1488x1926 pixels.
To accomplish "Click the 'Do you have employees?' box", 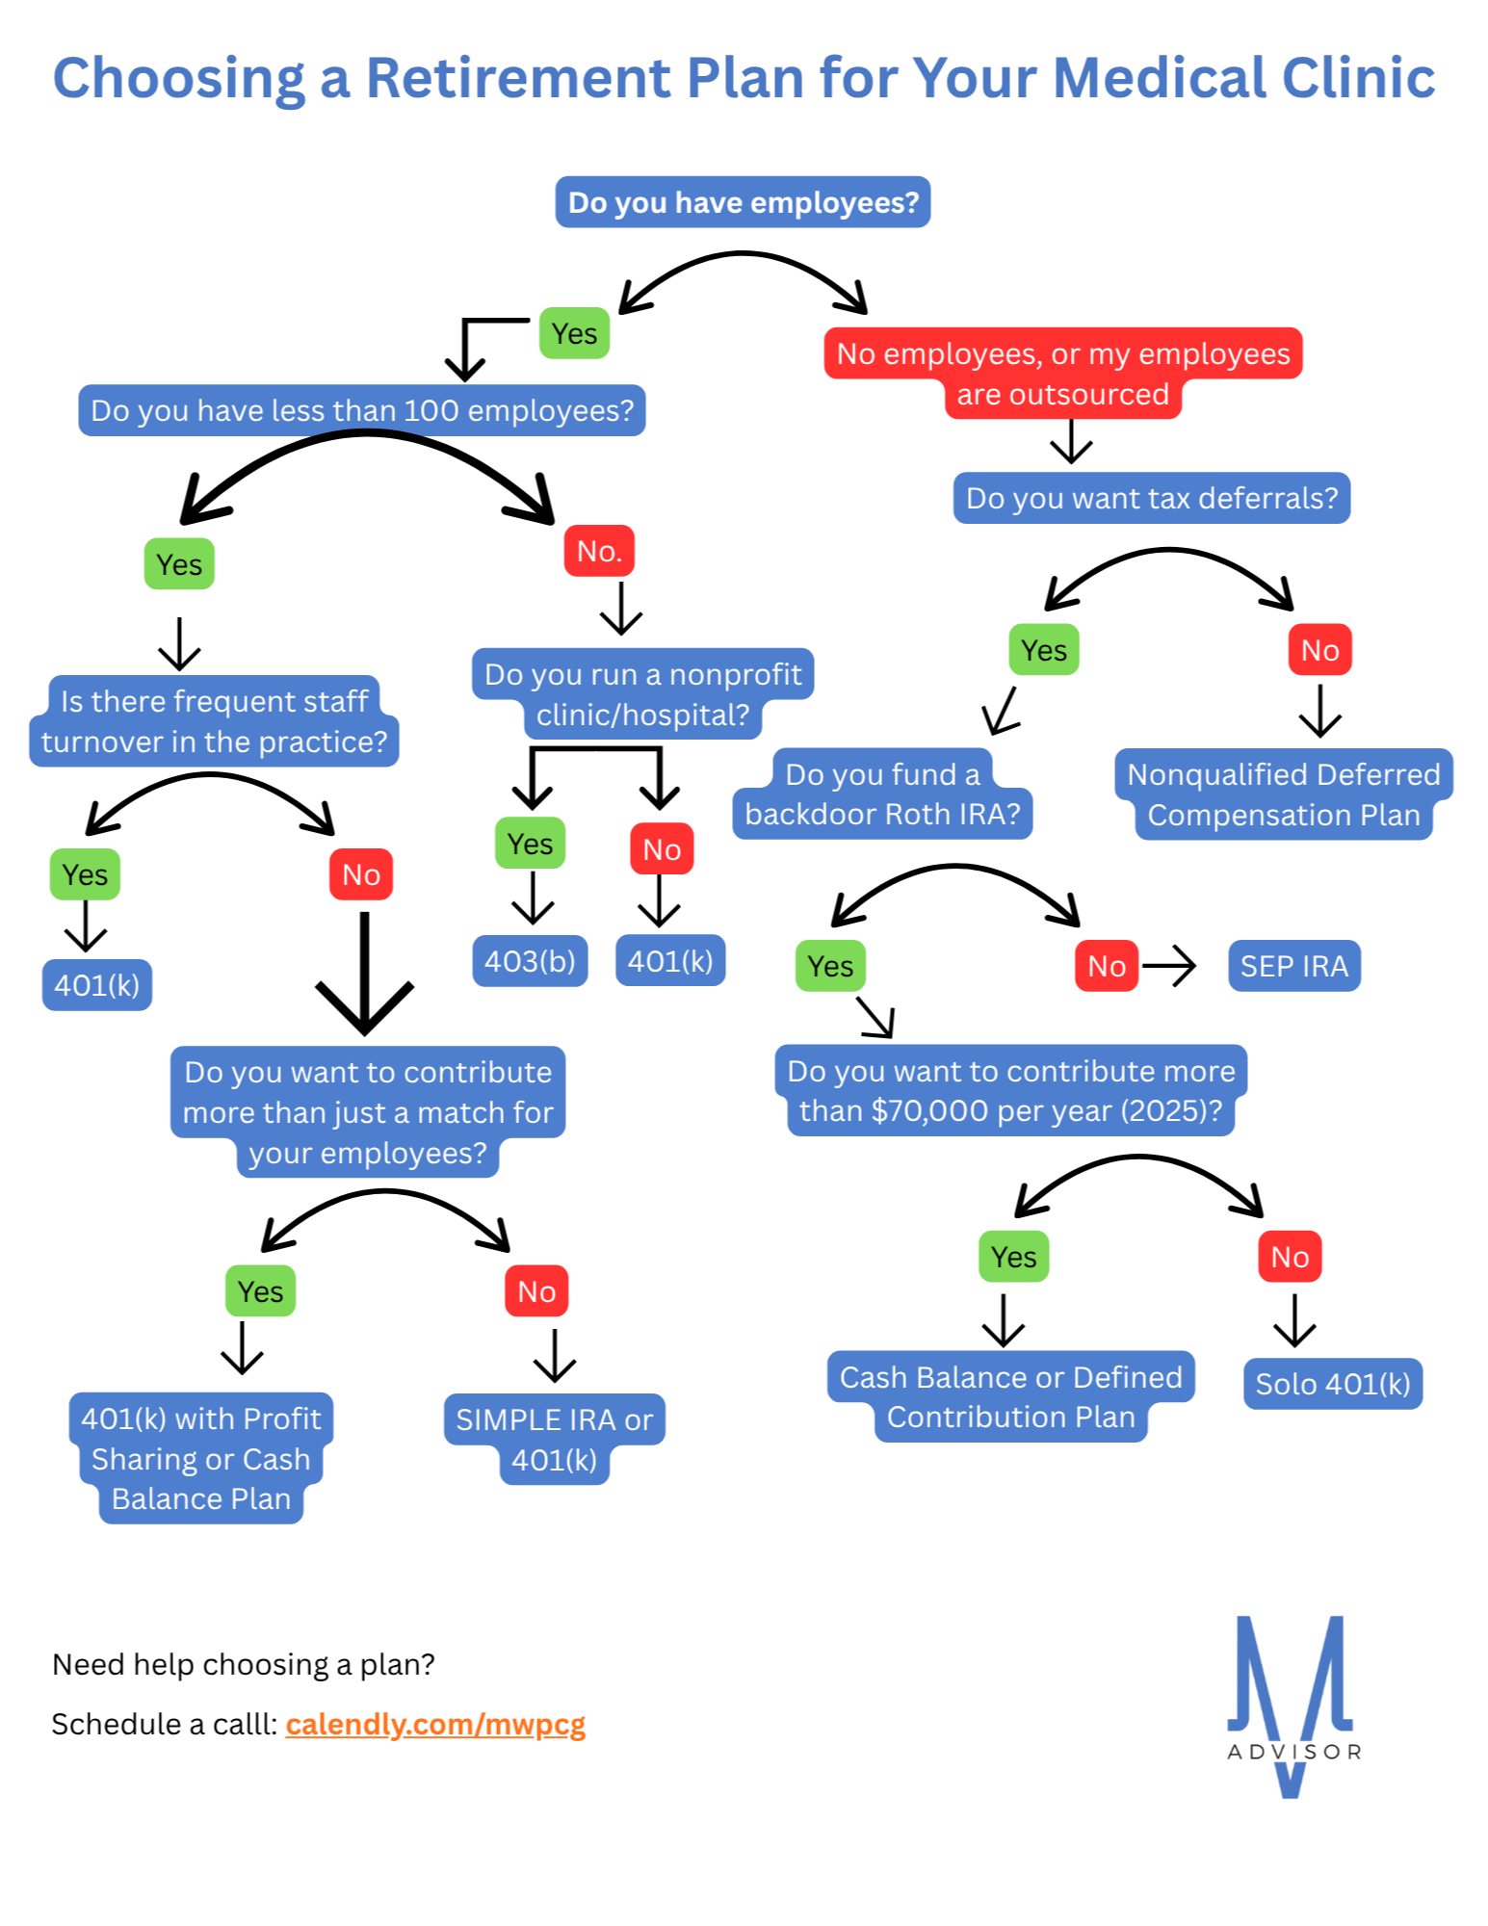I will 743,202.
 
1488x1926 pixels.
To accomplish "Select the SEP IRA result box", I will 1293,966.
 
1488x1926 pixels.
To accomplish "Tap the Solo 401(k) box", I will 1332,1384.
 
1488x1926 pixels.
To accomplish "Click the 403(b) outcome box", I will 530,961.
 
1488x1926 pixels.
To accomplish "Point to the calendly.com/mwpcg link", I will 435,1724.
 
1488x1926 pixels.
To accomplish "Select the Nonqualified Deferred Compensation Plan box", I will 1283,794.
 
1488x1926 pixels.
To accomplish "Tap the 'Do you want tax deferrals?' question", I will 1152,498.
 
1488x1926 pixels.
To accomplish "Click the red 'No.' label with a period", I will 599,551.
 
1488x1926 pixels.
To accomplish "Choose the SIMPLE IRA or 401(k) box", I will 554,1439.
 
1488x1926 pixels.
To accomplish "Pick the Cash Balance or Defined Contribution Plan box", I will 1010,1396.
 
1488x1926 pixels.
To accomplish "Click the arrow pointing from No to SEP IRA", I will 1169,965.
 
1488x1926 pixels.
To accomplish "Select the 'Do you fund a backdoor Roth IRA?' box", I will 882,794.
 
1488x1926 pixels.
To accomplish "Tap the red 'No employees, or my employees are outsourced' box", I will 1063,374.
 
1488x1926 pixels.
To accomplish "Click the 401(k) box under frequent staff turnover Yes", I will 97,985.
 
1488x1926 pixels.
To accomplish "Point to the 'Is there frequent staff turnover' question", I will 214,721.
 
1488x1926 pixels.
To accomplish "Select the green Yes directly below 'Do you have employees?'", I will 574,333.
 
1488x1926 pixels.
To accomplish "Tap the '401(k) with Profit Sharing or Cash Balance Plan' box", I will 201,1458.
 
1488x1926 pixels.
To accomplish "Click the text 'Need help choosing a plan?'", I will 244,1664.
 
